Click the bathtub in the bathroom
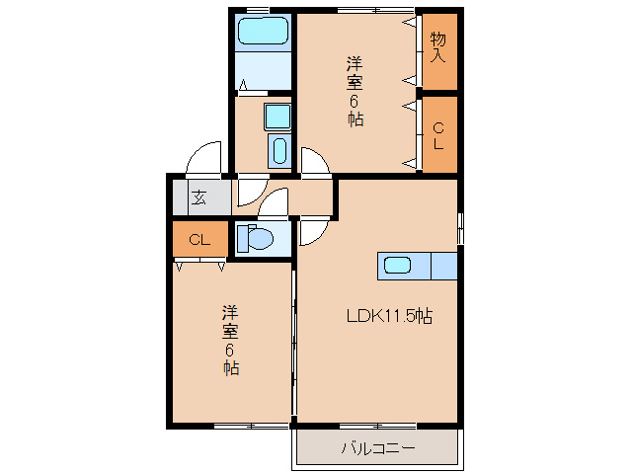264,31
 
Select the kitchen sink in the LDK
397,266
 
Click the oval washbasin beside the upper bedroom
278,151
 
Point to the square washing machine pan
277,118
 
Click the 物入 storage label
439,47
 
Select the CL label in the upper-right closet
439,134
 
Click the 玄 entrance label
199,197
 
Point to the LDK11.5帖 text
388,317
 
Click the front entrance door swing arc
205,158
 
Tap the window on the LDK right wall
460,226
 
